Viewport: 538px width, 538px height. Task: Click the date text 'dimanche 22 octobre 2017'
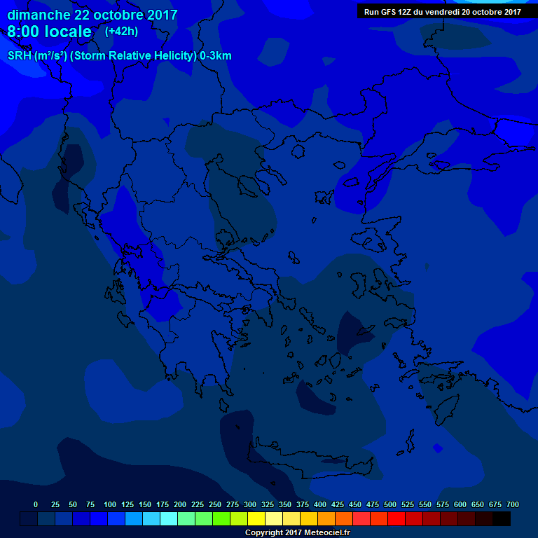click(x=92, y=15)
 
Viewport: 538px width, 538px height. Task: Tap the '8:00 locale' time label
click(x=49, y=32)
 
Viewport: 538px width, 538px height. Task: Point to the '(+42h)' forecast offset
click(x=121, y=32)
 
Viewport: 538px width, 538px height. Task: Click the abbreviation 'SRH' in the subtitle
click(x=20, y=56)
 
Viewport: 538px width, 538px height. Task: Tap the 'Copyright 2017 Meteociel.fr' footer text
click(x=297, y=532)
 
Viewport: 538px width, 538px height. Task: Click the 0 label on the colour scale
click(x=36, y=504)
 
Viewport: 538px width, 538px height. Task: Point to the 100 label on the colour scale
click(x=110, y=504)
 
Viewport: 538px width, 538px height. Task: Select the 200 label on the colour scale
click(x=180, y=504)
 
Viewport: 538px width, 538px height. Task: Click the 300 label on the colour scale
click(x=250, y=504)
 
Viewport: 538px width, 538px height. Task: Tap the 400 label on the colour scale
click(x=320, y=504)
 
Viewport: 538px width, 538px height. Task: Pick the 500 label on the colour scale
click(x=390, y=504)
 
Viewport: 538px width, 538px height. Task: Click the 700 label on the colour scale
click(x=513, y=504)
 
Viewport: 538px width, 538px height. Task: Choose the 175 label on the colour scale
click(x=163, y=504)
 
